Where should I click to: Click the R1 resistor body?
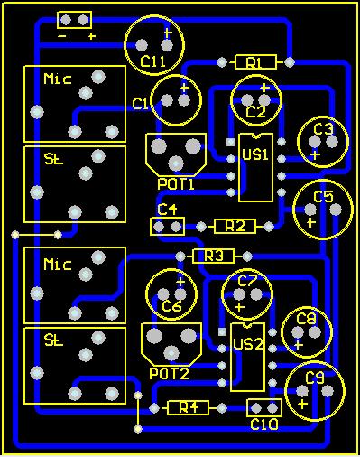coord(255,62)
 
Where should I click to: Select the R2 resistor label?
coord(235,226)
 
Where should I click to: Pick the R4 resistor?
coord(188,408)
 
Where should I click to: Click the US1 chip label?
coord(255,154)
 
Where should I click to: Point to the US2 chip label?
coord(248,344)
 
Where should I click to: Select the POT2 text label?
coord(169,374)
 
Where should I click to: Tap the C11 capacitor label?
coord(152,61)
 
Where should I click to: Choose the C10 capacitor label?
coord(264,424)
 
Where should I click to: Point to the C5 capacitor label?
coord(323,197)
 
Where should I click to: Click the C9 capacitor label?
coord(315,378)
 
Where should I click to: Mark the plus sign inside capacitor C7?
coord(239,307)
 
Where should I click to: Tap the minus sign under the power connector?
coord(62,36)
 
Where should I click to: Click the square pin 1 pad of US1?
coord(231,142)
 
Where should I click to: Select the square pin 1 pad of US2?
coord(222,331)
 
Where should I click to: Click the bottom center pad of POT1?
coord(176,163)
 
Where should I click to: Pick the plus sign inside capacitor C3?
coord(315,155)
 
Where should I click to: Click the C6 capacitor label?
coord(172,306)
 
